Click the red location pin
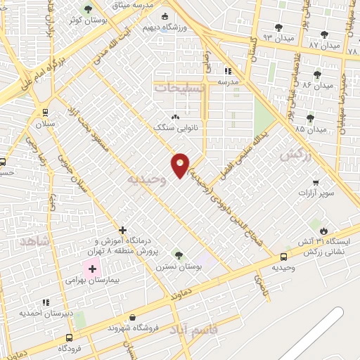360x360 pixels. click(180, 165)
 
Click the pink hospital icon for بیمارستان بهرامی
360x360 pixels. click(92, 269)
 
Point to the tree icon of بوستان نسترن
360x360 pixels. click(178, 254)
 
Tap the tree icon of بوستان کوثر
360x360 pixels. click(87, 10)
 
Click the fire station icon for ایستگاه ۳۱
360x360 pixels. click(323, 230)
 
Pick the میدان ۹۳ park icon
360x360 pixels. click(278, 27)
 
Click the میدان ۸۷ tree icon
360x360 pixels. click(323, 35)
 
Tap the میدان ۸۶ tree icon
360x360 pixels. click(317, 74)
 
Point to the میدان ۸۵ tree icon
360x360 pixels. click(310, 117)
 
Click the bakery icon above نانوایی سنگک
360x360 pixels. click(175, 117)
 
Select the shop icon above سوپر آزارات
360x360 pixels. click(315, 181)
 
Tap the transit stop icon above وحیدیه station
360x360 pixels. click(283, 257)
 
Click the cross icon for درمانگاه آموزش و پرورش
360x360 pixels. click(123, 230)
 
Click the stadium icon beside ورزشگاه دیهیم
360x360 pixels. click(165, 16)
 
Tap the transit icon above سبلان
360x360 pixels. click(46, 112)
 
